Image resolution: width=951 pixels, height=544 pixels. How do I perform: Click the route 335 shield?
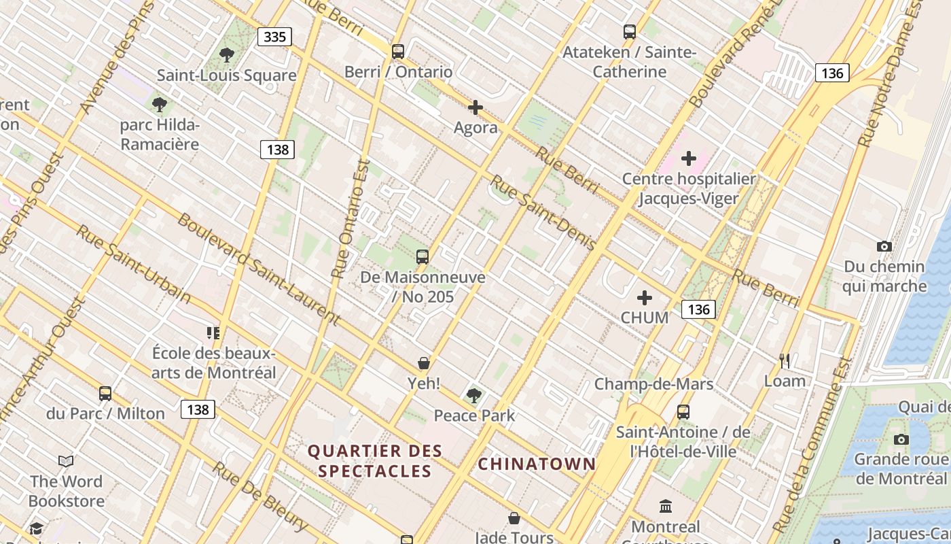click(x=274, y=37)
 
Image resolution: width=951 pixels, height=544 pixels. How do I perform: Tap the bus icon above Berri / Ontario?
click(x=398, y=52)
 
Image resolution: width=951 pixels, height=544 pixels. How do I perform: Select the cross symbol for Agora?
click(x=475, y=107)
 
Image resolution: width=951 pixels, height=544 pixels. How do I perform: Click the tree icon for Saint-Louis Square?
click(x=227, y=55)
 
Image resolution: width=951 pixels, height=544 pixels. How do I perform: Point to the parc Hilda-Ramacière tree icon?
click(x=160, y=105)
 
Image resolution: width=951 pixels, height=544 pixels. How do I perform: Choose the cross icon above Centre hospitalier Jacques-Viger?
click(x=689, y=158)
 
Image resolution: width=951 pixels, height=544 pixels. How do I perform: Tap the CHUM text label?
click(x=645, y=318)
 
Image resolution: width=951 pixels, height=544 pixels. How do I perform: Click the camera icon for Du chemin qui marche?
click(x=884, y=246)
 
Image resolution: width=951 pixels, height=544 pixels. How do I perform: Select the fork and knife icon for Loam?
click(x=785, y=360)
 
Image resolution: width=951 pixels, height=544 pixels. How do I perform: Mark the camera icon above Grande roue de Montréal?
click(x=901, y=439)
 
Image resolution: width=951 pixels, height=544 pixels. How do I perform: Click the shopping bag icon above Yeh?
click(x=424, y=363)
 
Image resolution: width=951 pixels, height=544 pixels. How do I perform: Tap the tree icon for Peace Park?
click(x=474, y=395)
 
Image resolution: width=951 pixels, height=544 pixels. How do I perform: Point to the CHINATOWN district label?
click(x=537, y=464)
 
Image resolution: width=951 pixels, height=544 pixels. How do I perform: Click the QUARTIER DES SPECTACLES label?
click(x=375, y=460)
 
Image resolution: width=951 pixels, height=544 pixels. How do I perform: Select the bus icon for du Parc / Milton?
click(x=105, y=393)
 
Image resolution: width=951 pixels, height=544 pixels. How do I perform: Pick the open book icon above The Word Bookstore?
click(x=66, y=462)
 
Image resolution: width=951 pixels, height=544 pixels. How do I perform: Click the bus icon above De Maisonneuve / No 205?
click(x=423, y=256)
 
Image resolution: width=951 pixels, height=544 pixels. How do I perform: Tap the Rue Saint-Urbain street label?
click(x=133, y=264)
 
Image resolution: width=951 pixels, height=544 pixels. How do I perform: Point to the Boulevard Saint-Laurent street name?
click(x=258, y=269)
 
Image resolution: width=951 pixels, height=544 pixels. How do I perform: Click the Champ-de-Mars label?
click(x=653, y=384)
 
